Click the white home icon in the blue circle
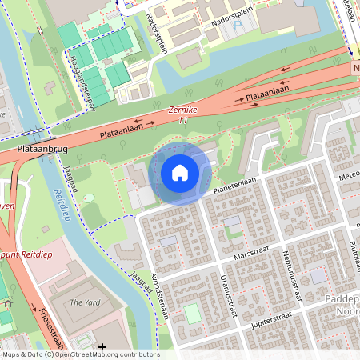pos(180,173)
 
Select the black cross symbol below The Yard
pos(102,346)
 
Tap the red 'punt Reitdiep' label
pos(21,254)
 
